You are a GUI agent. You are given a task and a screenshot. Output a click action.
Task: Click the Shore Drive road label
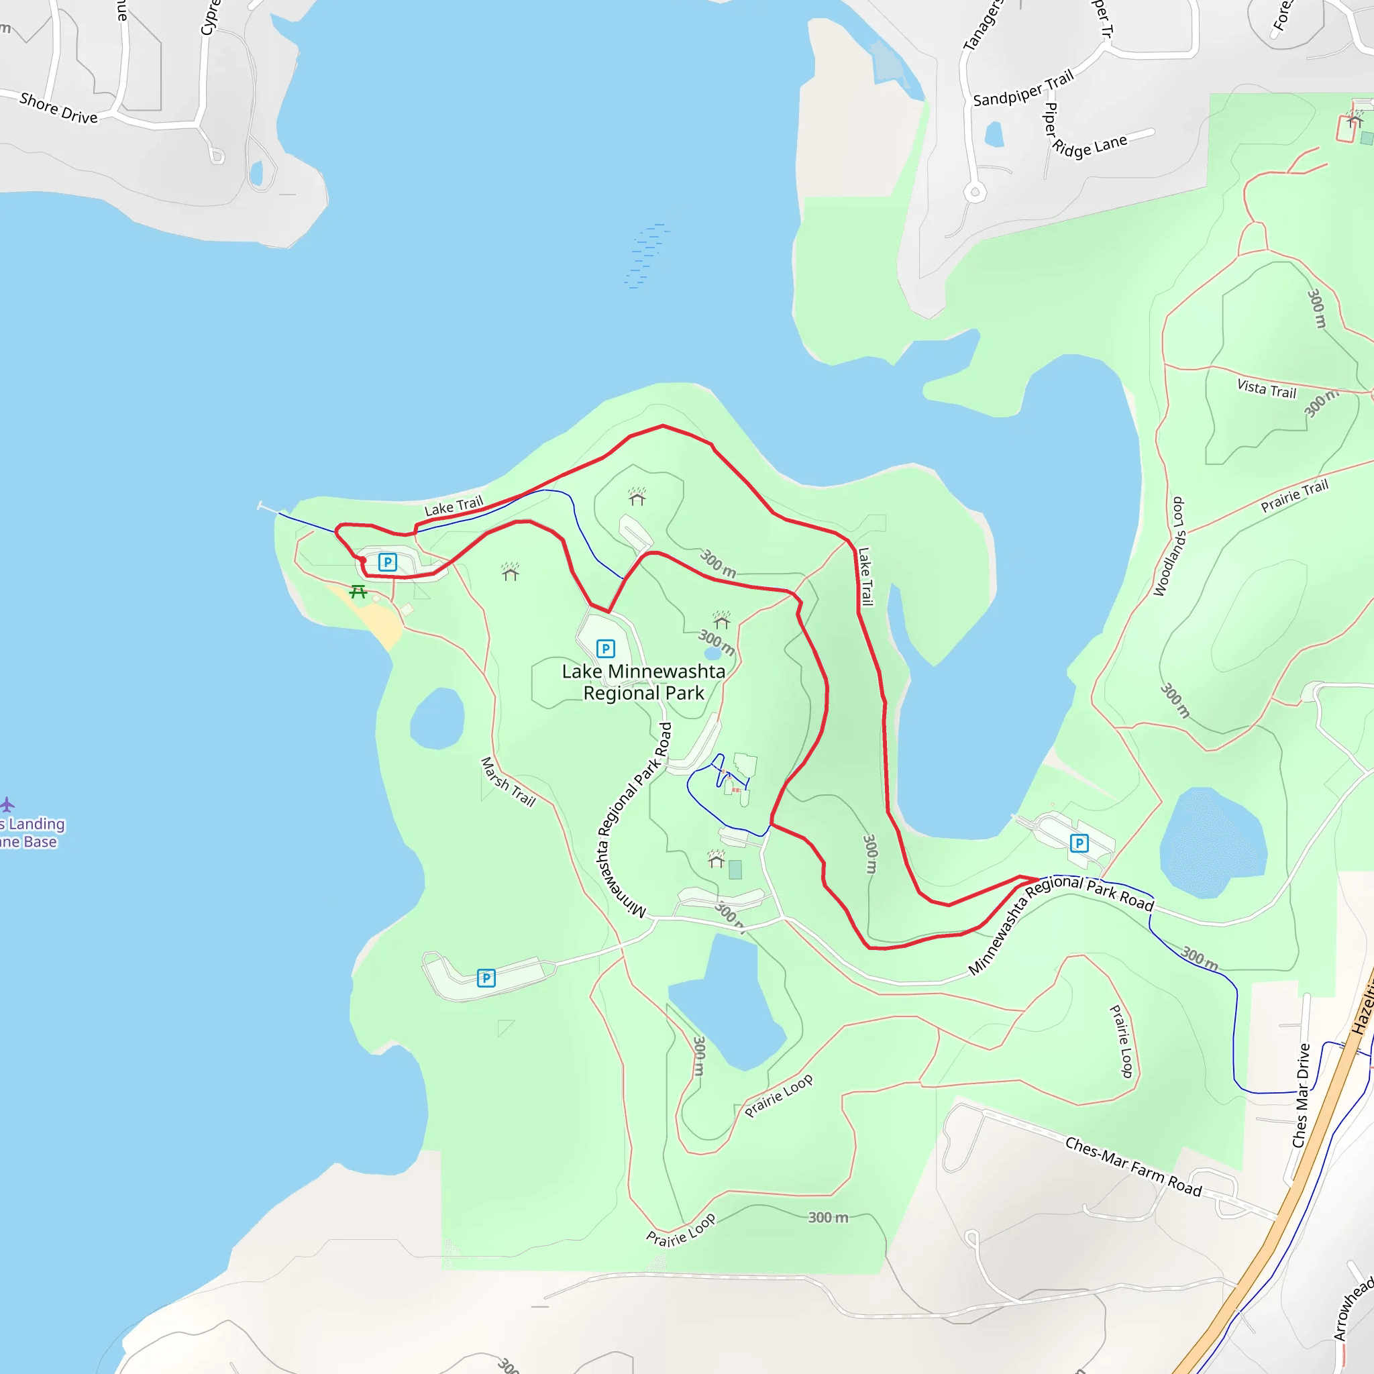[x=58, y=108]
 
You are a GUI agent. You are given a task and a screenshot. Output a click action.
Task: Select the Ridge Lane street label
[x=1090, y=146]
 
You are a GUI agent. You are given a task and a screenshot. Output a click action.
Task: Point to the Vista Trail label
[x=1267, y=389]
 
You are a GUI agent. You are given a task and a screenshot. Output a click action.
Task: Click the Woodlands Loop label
[x=1169, y=547]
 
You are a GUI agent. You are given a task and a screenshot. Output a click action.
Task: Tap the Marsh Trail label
[x=508, y=782]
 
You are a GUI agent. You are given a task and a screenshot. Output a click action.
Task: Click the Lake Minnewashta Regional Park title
[x=643, y=682]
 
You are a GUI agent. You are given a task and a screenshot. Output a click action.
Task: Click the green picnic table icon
[x=358, y=592]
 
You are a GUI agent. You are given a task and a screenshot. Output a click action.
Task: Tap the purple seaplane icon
[x=7, y=804]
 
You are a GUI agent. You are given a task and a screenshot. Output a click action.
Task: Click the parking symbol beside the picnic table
[x=388, y=562]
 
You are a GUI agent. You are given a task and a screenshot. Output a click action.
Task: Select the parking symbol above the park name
[x=605, y=649]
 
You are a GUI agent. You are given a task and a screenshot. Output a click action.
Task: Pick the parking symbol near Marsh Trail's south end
[x=486, y=978]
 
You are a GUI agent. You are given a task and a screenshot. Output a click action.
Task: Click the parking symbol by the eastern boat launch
[x=1079, y=843]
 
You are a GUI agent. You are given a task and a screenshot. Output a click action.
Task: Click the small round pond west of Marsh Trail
[x=437, y=719]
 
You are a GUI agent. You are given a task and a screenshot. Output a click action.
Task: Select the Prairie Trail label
[x=1293, y=496]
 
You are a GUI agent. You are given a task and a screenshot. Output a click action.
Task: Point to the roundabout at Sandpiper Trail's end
[x=975, y=192]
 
